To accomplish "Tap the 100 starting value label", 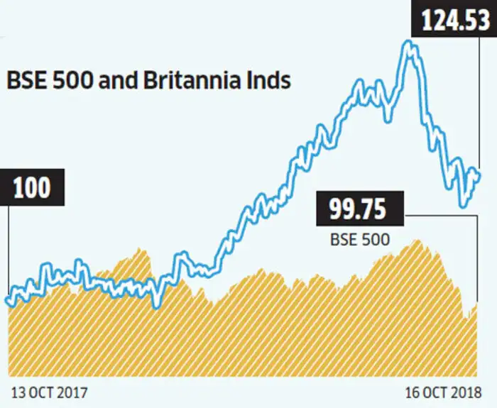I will [x=32, y=188].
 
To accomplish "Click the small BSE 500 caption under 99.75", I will [x=359, y=240].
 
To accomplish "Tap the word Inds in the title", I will [x=271, y=80].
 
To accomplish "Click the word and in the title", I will [x=117, y=80].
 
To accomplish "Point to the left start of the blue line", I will [x=8, y=302].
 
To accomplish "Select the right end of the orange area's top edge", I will [x=476, y=304].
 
